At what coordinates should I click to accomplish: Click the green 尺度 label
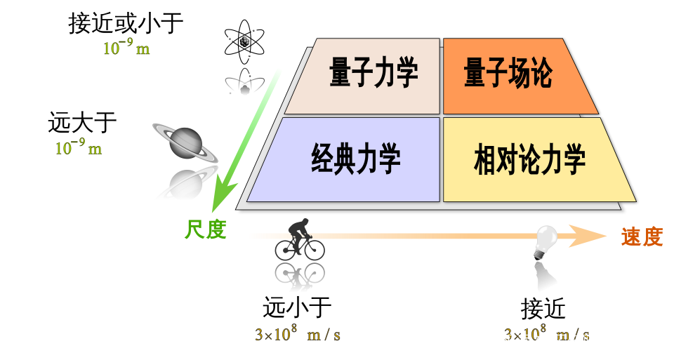pos(206,229)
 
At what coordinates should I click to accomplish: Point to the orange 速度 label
pos(642,237)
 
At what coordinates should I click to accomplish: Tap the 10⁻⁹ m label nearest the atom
pos(126,48)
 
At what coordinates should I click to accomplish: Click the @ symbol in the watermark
pos(574,342)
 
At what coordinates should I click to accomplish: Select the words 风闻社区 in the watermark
pos(532,342)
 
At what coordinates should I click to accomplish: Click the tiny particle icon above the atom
pos(245,41)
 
